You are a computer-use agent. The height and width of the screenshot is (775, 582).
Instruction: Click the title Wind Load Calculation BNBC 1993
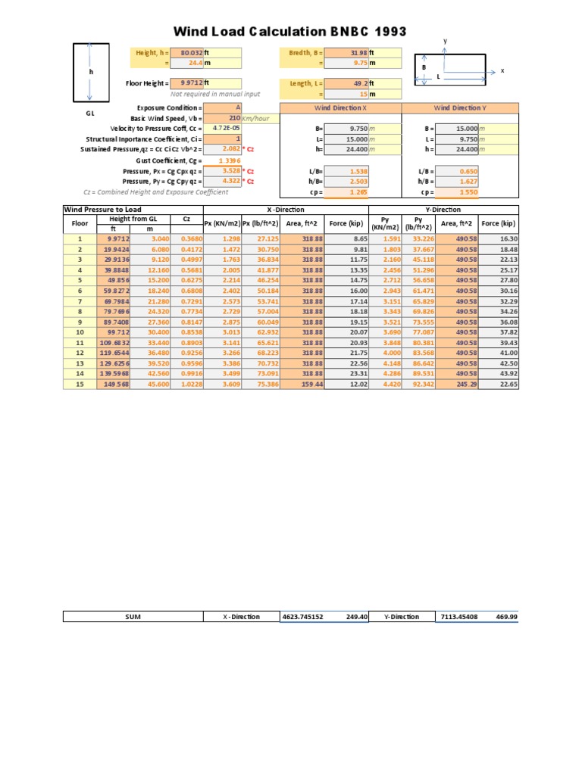click(x=290, y=32)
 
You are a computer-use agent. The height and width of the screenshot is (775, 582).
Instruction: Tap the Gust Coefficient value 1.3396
click(x=229, y=160)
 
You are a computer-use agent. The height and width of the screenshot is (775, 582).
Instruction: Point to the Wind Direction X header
click(x=340, y=108)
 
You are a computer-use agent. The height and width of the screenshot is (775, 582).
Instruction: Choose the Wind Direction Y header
click(x=460, y=108)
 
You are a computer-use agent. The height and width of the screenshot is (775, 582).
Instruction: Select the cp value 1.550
click(x=469, y=193)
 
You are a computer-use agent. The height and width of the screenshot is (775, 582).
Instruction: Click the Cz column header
click(x=186, y=219)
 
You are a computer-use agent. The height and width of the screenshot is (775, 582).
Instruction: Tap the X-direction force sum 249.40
click(x=356, y=617)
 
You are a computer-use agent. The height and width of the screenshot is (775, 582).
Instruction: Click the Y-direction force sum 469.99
click(x=505, y=617)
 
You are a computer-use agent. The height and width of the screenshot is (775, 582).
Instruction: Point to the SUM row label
click(x=133, y=617)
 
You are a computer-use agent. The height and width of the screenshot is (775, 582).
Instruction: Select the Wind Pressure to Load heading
click(x=103, y=210)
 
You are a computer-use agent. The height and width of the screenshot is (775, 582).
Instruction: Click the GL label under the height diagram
click(x=90, y=112)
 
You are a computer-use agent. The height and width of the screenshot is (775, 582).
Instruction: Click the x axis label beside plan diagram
click(x=502, y=70)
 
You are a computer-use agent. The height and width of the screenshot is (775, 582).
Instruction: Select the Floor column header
click(x=80, y=224)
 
